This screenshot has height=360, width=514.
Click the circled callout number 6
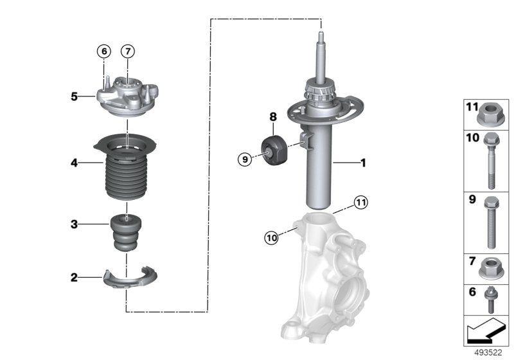[104, 50]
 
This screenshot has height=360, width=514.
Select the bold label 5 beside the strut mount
[75, 97]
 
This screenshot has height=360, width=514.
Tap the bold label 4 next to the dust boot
[75, 163]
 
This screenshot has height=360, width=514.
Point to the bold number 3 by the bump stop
[75, 224]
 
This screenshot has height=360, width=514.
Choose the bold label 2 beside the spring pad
[75, 278]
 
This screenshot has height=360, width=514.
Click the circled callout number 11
[360, 203]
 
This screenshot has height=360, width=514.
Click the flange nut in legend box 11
[490, 116]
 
